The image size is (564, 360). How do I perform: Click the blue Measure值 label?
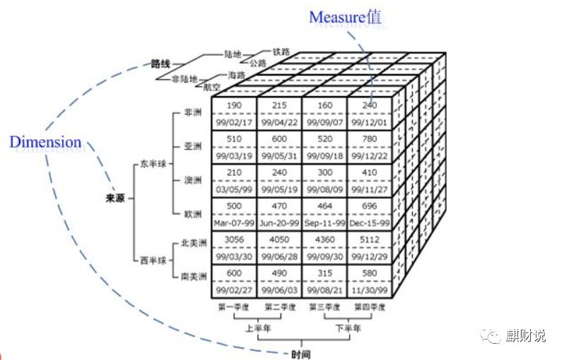345,16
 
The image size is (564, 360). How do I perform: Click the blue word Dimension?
45,142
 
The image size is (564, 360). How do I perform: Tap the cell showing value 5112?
370,240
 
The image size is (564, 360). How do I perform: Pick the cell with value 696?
370,207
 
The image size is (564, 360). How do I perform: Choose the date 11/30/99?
370,290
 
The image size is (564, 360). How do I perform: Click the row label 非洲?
192,112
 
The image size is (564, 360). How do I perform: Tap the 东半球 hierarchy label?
152,165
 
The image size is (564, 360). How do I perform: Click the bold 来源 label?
115,199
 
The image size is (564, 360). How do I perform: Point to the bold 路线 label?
161,64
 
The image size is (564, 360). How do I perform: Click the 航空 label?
212,88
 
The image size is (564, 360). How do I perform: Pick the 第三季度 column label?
324,308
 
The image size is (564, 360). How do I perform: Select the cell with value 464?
324,207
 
